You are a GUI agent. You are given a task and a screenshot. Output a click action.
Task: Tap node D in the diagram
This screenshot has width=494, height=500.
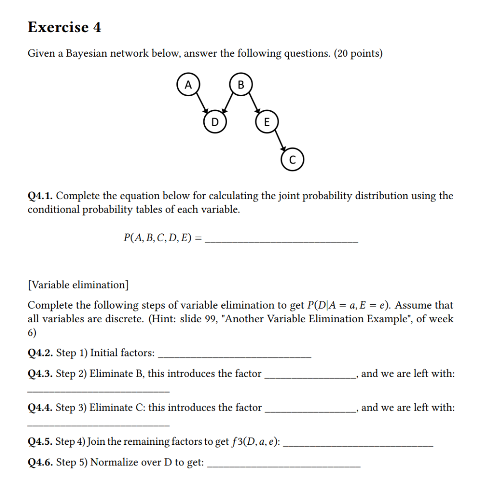215,122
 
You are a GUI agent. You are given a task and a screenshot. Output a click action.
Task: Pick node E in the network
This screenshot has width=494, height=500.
266,122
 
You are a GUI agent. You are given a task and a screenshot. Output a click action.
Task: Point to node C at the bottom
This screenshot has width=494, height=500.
292,160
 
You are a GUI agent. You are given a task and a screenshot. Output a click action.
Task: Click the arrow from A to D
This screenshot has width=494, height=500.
201,104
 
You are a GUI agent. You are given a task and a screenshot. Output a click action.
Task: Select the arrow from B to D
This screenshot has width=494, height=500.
227,104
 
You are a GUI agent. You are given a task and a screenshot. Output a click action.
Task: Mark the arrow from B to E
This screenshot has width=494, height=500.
253,104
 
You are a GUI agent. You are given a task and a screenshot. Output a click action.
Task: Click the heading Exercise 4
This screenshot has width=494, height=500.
64,27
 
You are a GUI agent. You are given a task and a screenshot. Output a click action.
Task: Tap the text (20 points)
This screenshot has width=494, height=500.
358,54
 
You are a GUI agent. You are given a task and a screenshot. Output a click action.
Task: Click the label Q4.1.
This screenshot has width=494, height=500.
41,196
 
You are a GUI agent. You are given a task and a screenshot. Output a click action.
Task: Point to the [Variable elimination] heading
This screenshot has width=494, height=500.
78,285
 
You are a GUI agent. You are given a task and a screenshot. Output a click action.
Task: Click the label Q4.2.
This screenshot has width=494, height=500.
41,353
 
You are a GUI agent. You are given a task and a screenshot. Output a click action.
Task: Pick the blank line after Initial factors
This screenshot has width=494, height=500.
235,357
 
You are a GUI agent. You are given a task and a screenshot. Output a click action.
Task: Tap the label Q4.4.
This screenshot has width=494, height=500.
41,408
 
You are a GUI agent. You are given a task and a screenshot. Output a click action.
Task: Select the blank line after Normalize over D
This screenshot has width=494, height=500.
284,467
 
